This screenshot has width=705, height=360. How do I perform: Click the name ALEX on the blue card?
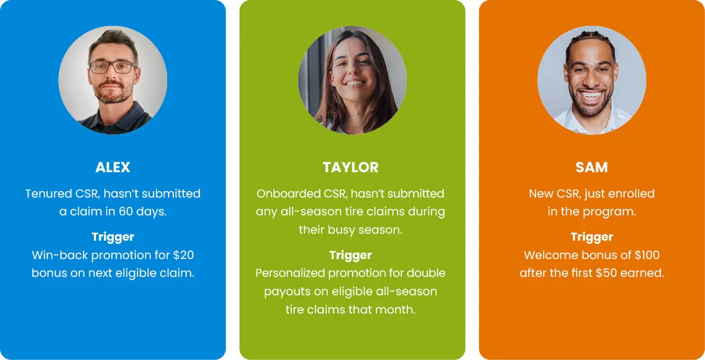coord(113,167)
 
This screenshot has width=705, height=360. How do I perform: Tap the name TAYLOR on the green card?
coord(351,167)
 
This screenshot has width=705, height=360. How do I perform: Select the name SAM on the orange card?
coord(592,167)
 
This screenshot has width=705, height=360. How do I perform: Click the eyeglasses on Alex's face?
coord(113,67)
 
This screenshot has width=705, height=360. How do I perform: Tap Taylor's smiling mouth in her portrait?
coord(354,84)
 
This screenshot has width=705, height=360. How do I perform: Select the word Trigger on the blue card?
coord(113,236)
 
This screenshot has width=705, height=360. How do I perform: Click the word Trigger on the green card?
coord(351,255)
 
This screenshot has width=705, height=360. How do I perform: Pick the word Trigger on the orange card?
coord(592,236)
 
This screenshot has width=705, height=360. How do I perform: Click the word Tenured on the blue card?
coord(49,193)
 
